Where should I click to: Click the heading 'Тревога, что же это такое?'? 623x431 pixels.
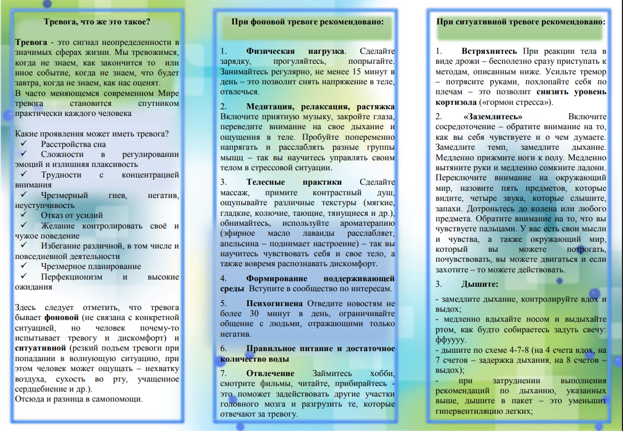tap(97, 22)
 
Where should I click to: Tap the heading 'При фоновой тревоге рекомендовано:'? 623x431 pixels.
tap(307, 22)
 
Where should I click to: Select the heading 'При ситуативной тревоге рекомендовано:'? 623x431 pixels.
tap(520, 22)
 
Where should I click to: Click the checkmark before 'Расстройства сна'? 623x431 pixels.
tap(24, 144)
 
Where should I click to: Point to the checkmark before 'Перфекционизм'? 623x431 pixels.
tap(24, 277)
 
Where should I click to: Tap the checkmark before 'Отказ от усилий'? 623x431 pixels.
tap(24, 215)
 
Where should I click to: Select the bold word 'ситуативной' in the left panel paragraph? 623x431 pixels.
tap(40, 347)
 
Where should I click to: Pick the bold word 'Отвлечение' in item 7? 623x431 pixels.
tap(270, 373)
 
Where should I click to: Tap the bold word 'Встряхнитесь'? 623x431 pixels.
tap(489, 52)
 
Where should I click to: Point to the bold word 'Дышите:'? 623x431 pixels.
tap(479, 284)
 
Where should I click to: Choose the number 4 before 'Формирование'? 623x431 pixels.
tap(223, 278)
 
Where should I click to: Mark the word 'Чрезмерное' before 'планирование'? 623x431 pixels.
tap(62, 266)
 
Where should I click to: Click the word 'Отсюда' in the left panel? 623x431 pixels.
tap(29, 399)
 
